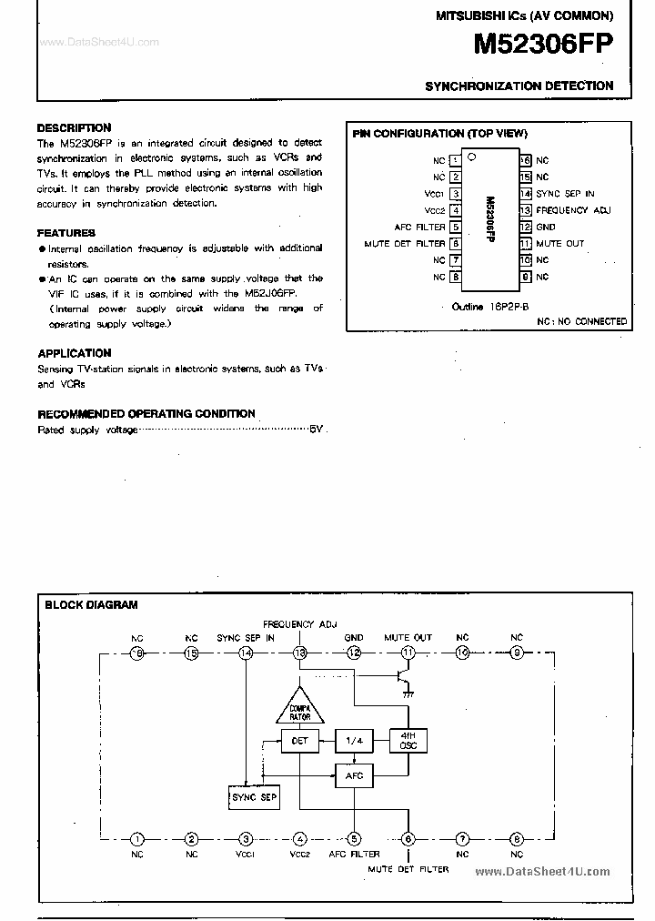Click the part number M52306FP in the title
[x=544, y=45]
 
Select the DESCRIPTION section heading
[x=74, y=128]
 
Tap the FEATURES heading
[x=66, y=233]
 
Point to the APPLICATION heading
[x=75, y=353]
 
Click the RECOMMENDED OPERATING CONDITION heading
[x=146, y=414]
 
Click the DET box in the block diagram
[x=300, y=741]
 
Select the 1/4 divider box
[x=354, y=741]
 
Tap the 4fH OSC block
[x=408, y=740]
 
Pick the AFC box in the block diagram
[x=354, y=775]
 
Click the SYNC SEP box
[x=254, y=797]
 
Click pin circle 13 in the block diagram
[x=299, y=653]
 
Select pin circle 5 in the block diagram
[x=354, y=839]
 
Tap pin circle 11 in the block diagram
[x=408, y=653]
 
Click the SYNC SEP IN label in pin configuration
[x=565, y=194]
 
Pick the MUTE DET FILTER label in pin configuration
[x=405, y=244]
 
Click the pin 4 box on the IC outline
[x=455, y=210]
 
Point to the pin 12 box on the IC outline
[x=526, y=227]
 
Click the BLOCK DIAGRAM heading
[x=91, y=604]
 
